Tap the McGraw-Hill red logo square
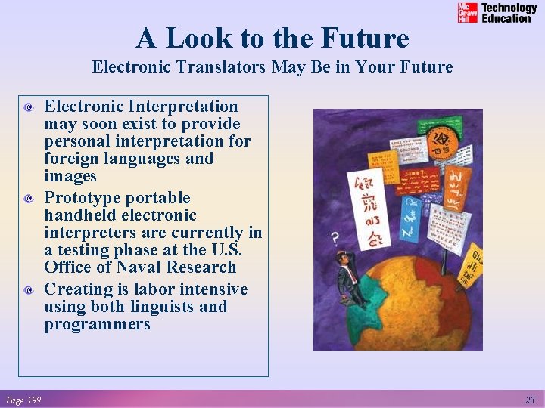pyautogui.click(x=468, y=13)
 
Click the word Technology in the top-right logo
pyautogui.click(x=509, y=8)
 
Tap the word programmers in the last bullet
pyautogui.click(x=97, y=324)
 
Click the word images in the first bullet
pyautogui.click(x=70, y=176)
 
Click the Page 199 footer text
pyautogui.click(x=23, y=400)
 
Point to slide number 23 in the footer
pyautogui.click(x=530, y=400)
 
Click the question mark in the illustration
pyautogui.click(x=335, y=239)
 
